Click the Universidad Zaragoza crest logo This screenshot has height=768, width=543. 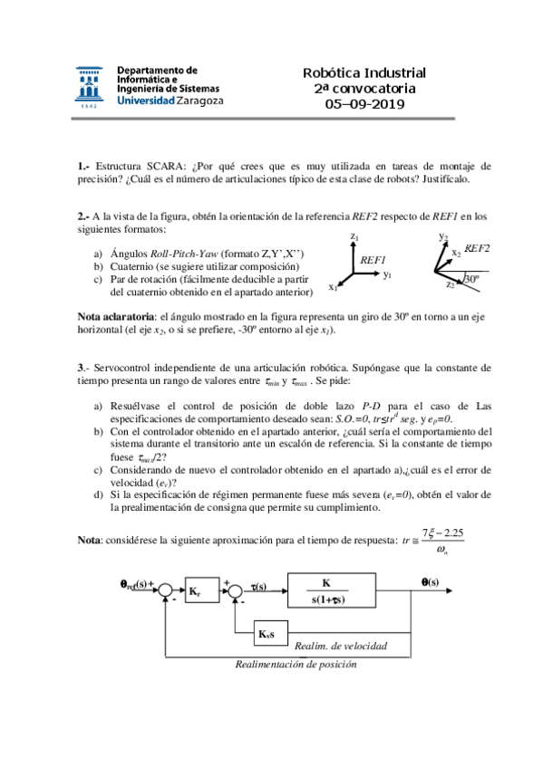click(x=91, y=86)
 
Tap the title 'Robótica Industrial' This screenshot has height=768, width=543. click(x=364, y=73)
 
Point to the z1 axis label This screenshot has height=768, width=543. click(x=354, y=236)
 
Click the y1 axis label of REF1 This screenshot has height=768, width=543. click(x=387, y=274)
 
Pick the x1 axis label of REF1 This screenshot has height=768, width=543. click(x=334, y=288)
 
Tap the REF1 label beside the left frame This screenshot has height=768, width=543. click(x=373, y=259)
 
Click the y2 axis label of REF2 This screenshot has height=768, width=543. click(x=442, y=236)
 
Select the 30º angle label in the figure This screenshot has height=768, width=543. click(x=471, y=279)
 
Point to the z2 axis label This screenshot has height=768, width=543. click(x=451, y=285)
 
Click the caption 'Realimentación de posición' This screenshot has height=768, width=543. click(x=296, y=664)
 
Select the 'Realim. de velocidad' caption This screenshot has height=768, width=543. click(x=341, y=646)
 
